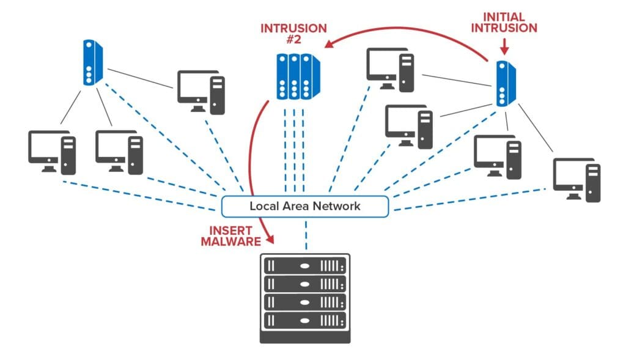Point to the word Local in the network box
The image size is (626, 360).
[265, 206]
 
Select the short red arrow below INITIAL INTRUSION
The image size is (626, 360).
[503, 45]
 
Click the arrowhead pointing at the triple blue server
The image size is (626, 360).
[330, 43]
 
